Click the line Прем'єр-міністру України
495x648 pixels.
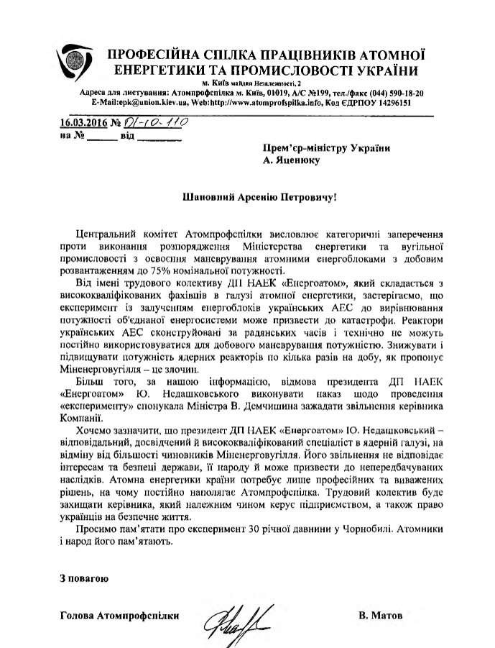pyautogui.click(x=326, y=147)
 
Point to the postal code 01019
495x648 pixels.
pyautogui.click(x=262, y=93)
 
